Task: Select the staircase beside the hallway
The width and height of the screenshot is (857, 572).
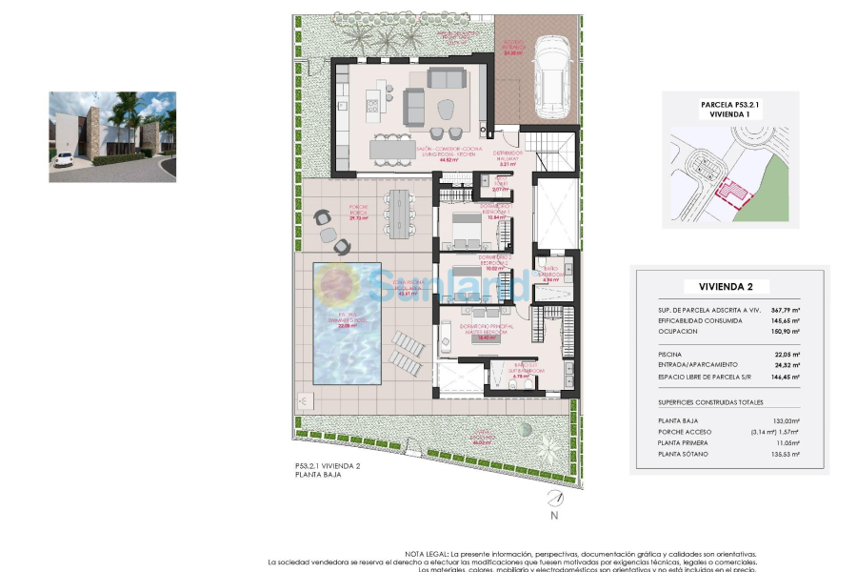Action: tap(553, 148)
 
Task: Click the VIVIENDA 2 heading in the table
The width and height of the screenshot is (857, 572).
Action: tap(727, 286)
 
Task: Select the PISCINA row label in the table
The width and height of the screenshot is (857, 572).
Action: tap(669, 354)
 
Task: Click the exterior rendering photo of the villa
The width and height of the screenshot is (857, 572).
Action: tap(112, 136)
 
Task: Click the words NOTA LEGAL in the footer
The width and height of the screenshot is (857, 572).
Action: tap(427, 553)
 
